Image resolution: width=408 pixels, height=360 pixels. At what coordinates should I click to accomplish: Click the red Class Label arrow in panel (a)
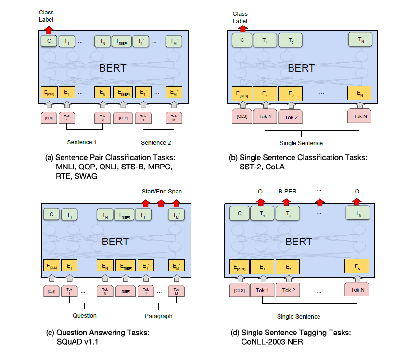49,29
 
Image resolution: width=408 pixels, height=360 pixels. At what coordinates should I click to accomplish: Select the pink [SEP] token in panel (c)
126,291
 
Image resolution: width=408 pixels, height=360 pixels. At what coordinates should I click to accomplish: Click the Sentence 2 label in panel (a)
155,142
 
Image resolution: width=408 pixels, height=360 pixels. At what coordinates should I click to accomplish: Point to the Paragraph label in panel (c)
158,316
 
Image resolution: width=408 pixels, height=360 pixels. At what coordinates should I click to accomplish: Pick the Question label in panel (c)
85,316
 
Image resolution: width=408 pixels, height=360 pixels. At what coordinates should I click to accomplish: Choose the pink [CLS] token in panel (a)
49,117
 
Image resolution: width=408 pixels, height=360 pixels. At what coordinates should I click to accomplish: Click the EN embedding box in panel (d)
357,266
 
